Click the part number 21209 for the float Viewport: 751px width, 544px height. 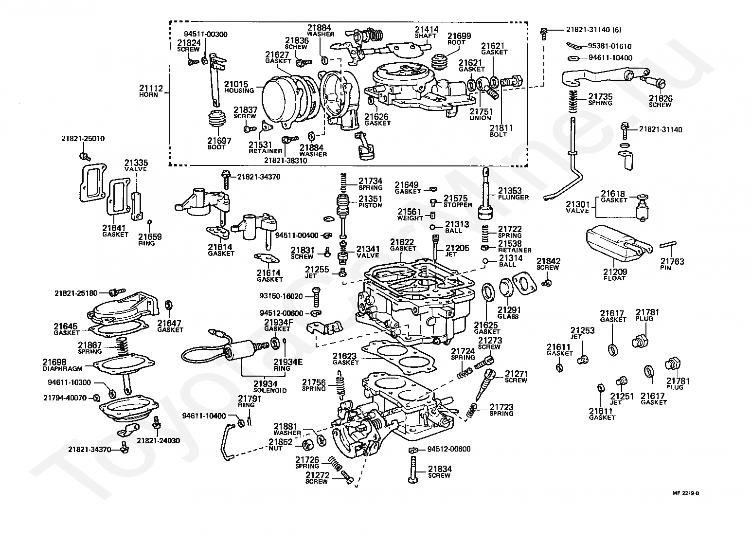pyautogui.click(x=615, y=272)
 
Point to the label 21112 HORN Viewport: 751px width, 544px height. pyautogui.click(x=149, y=91)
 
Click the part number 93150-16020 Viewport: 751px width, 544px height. pyautogui.click(x=281, y=296)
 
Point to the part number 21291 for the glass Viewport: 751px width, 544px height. pyautogui.click(x=508, y=309)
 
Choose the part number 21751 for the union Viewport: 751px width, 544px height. pyautogui.click(x=481, y=111)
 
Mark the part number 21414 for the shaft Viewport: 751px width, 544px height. pyautogui.click(x=426, y=30)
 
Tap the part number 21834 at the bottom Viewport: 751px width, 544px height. pyautogui.click(x=440, y=469)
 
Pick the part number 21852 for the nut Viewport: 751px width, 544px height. pyautogui.click(x=280, y=442)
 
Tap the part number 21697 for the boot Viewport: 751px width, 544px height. pyautogui.click(x=219, y=141)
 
